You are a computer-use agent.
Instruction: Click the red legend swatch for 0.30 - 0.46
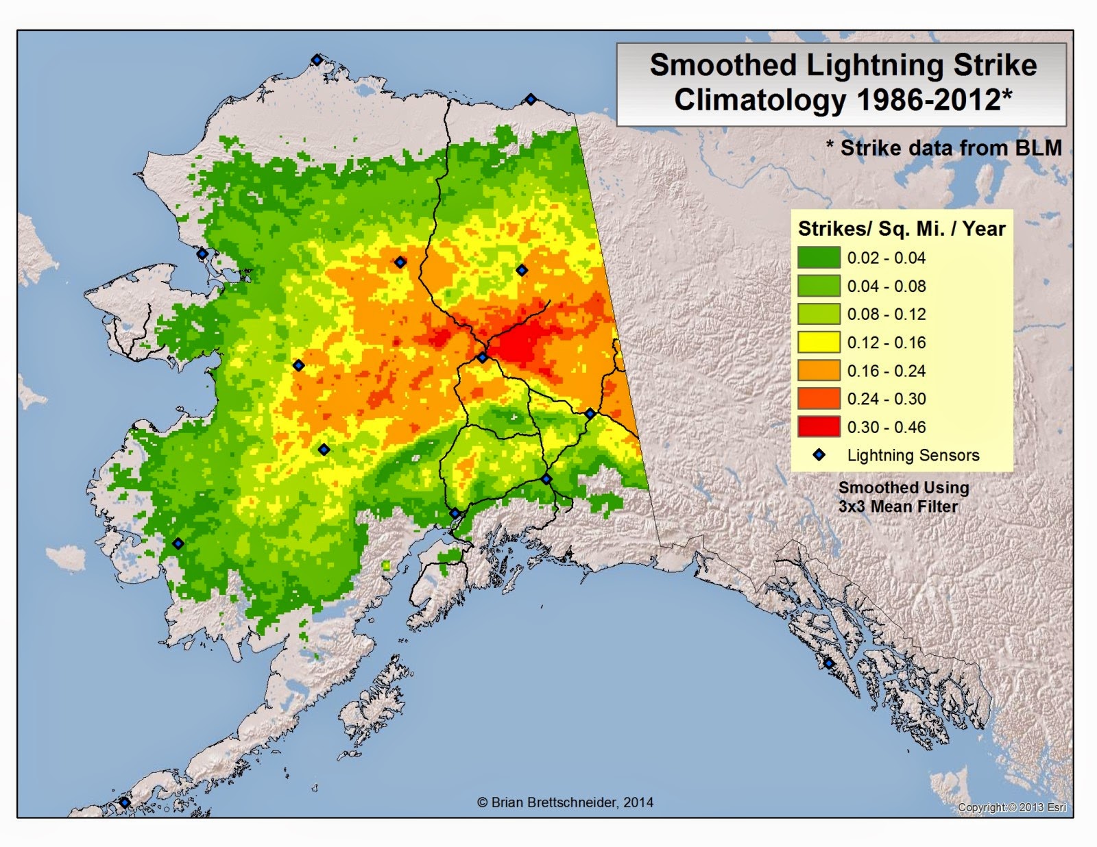(x=819, y=427)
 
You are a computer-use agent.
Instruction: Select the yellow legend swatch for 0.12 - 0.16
(x=819, y=342)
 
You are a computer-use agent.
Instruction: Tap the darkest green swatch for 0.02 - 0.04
(x=819, y=258)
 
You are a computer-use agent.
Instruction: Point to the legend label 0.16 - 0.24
(x=886, y=371)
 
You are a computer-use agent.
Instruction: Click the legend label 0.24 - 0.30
(x=886, y=399)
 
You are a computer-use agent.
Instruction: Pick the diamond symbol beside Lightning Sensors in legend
(x=819, y=455)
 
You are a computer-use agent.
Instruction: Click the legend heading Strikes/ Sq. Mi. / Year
(x=901, y=228)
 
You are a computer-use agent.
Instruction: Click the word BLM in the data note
(x=1038, y=148)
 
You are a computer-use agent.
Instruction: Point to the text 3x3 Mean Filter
(x=897, y=506)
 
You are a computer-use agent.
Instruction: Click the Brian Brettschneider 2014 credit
(x=565, y=802)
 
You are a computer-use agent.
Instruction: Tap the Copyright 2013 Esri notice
(x=1011, y=807)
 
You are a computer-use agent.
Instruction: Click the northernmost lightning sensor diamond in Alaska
(x=317, y=60)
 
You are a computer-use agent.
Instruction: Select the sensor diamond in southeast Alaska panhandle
(x=829, y=663)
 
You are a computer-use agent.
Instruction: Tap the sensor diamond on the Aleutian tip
(x=124, y=802)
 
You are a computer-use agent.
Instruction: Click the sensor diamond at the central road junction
(x=482, y=358)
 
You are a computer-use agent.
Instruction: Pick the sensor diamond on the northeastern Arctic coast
(x=530, y=99)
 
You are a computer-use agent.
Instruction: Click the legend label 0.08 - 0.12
(x=886, y=314)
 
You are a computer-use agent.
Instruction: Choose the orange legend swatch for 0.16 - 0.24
(x=819, y=371)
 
